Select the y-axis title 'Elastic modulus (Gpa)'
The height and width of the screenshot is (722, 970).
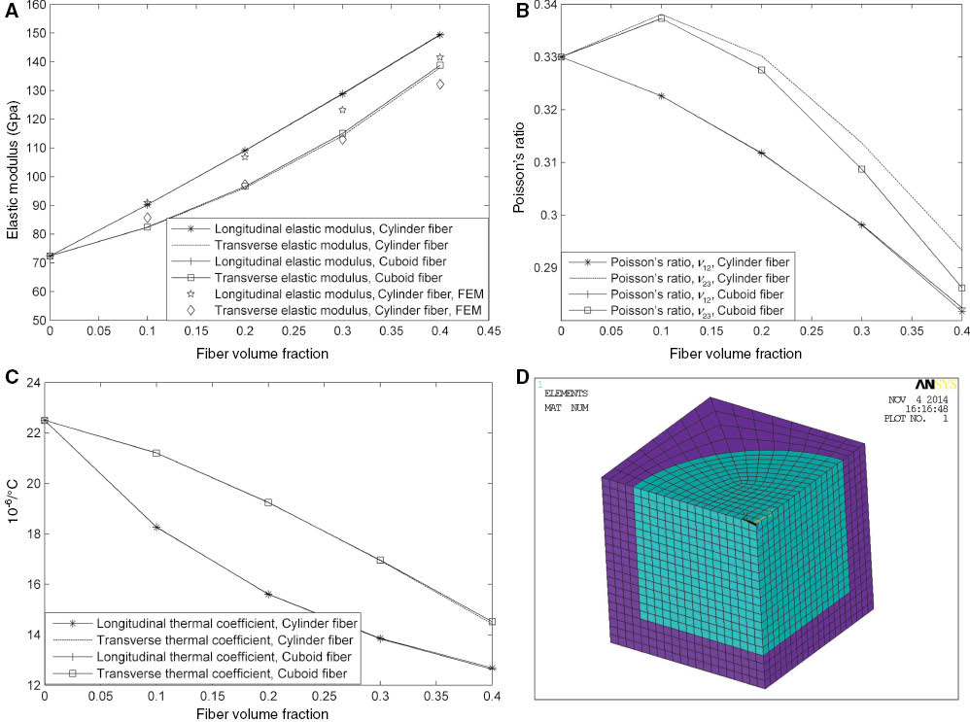pos(11,161)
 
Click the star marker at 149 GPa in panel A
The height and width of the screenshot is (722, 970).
pos(440,35)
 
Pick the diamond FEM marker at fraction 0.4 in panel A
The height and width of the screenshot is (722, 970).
pos(440,86)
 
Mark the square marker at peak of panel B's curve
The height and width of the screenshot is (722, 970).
pos(661,18)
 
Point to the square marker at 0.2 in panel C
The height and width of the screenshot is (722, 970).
pos(268,502)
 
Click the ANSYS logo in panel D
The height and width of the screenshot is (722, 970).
pos(932,384)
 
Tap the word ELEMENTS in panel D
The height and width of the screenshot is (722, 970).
pos(566,394)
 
